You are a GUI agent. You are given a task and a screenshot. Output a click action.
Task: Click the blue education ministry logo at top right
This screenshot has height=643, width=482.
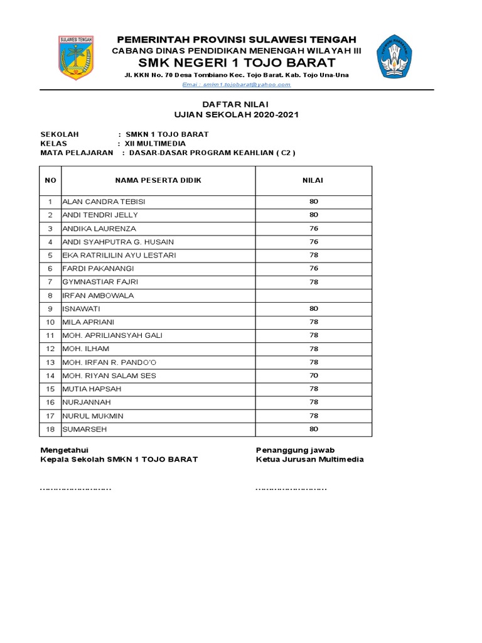tap(399, 57)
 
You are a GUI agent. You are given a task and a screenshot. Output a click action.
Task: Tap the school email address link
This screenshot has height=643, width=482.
tap(236, 84)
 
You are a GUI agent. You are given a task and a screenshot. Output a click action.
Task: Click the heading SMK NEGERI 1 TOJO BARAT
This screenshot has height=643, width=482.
tap(237, 63)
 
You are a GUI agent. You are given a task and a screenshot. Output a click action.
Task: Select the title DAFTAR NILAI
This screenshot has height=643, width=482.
tap(236, 104)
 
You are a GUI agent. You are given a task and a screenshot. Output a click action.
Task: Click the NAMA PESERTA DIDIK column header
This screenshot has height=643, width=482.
tap(158, 180)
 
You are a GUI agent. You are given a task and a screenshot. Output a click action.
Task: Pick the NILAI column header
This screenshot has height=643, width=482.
tap(313, 180)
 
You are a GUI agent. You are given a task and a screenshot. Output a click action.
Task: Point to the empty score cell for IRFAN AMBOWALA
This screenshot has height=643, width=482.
tap(313, 296)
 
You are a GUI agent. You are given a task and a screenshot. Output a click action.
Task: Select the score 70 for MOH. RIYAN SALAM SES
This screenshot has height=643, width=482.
tap(313, 376)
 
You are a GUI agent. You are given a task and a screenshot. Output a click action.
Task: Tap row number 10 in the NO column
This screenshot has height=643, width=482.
tap(50, 322)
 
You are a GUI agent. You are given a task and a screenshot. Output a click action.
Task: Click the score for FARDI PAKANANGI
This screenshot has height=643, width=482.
tap(313, 269)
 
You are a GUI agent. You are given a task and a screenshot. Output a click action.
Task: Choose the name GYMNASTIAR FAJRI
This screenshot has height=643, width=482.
tap(100, 282)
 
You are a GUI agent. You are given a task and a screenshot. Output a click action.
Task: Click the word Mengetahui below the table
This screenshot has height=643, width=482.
tap(65, 450)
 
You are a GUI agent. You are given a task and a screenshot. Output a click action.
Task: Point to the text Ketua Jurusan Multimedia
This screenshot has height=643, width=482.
tap(309, 459)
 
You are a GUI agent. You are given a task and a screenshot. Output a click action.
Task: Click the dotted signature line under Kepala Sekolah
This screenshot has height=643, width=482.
tap(76, 488)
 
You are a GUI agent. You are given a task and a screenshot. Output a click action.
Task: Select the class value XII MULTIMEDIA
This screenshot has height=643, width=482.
tap(156, 143)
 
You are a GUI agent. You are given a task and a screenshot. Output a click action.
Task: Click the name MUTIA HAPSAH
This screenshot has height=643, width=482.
tap(92, 389)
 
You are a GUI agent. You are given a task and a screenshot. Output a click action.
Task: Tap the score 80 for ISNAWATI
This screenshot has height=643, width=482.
tap(313, 309)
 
